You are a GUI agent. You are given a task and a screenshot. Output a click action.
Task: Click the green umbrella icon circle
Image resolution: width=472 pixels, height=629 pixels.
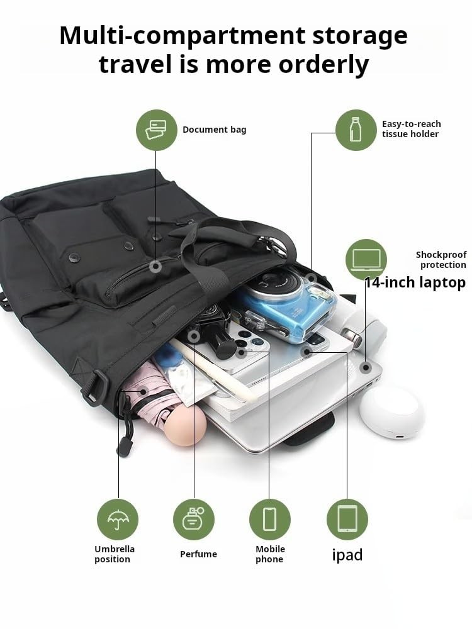pyautogui.click(x=118, y=520)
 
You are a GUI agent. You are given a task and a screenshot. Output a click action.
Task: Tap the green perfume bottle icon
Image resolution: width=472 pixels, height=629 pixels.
pyautogui.click(x=194, y=520)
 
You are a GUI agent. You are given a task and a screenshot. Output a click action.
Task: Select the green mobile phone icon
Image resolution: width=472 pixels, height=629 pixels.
pyautogui.click(x=270, y=520)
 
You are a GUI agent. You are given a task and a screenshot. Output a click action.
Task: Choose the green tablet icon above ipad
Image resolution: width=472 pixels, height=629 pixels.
pyautogui.click(x=347, y=520)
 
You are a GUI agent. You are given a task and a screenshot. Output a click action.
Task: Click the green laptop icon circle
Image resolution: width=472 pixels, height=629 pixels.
pyautogui.click(x=366, y=260)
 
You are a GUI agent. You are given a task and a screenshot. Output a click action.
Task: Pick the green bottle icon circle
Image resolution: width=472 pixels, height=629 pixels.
pyautogui.click(x=356, y=130)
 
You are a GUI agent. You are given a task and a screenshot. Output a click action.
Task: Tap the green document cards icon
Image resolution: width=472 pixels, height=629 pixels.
pyautogui.click(x=157, y=130)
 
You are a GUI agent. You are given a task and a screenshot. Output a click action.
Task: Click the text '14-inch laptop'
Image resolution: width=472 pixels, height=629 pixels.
pyautogui.click(x=415, y=283)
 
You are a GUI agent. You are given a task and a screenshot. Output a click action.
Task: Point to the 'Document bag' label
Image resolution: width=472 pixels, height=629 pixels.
pyautogui.click(x=215, y=130)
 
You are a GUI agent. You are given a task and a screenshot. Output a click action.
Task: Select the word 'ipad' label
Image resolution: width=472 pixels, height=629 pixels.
pyautogui.click(x=347, y=555)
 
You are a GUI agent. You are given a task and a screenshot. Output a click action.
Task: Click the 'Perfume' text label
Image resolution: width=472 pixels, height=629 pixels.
pyautogui.click(x=198, y=554)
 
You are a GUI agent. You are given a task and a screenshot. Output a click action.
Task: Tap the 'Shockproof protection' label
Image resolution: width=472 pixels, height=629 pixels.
pyautogui.click(x=441, y=260)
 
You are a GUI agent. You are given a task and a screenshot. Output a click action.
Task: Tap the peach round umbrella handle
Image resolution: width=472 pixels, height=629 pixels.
pyautogui.click(x=184, y=425)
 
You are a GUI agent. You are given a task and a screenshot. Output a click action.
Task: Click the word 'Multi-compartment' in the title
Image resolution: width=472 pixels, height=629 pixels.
pyautogui.click(x=183, y=36)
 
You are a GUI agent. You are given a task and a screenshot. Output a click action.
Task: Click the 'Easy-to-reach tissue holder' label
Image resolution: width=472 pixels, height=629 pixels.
pyautogui.click(x=412, y=129)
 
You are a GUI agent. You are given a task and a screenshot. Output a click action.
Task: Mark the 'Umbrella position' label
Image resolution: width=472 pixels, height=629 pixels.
pyautogui.click(x=115, y=554)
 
